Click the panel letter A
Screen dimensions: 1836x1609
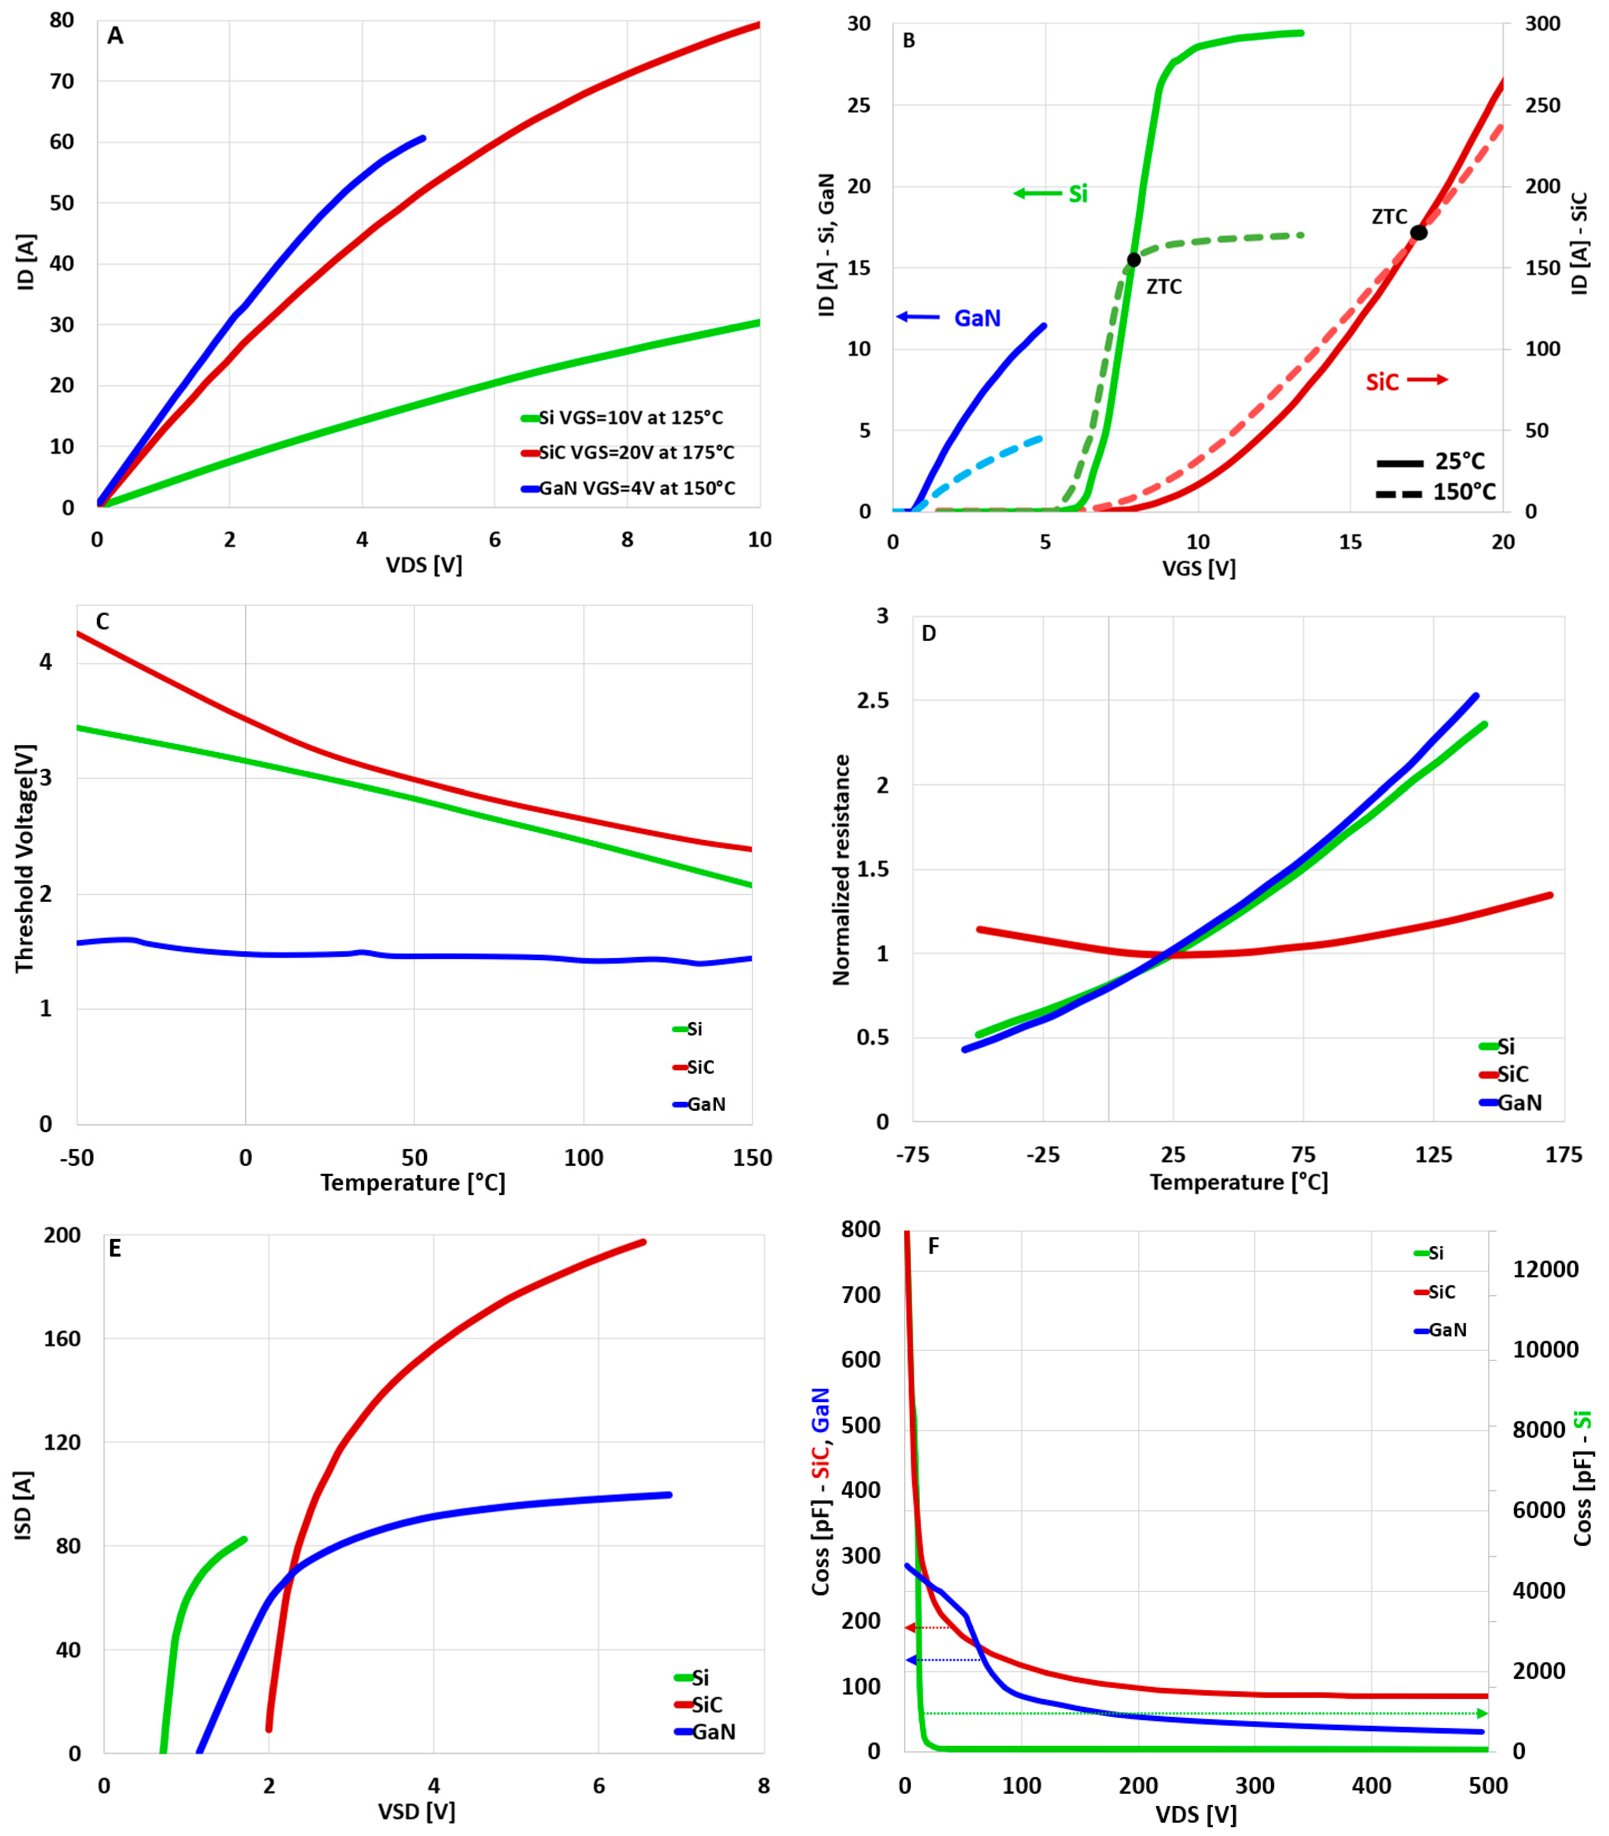(115, 36)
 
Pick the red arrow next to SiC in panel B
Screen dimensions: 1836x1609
(1428, 380)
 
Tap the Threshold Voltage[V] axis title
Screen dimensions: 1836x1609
(24, 859)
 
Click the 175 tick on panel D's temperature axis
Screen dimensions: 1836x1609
(1563, 1155)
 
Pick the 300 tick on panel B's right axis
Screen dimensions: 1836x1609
(1542, 24)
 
